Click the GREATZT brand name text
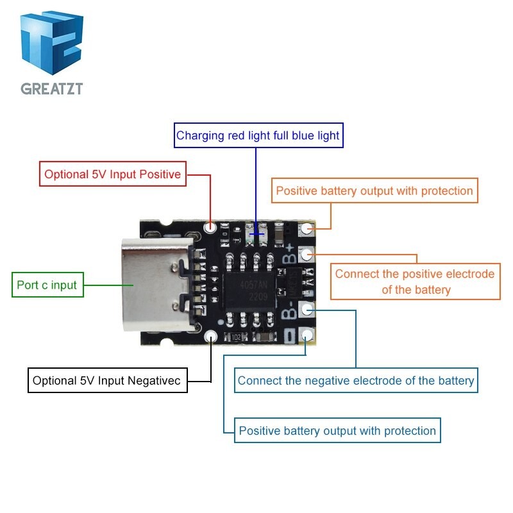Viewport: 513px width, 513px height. click(51, 88)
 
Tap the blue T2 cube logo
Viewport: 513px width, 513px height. click(51, 44)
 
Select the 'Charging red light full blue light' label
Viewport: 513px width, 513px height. click(257, 135)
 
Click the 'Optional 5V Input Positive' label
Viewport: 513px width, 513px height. click(112, 174)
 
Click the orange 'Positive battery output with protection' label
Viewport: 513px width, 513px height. click(374, 190)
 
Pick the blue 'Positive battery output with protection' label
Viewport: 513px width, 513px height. click(337, 430)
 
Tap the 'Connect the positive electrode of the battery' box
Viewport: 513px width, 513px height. click(414, 282)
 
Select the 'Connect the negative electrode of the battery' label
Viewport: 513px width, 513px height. click(355, 380)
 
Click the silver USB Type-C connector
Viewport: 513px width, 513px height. click(156, 283)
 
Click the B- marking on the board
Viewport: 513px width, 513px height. click(290, 312)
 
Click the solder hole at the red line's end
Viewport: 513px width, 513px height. click(210, 227)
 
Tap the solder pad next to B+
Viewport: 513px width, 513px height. click(308, 254)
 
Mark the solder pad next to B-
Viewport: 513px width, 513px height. click(308, 310)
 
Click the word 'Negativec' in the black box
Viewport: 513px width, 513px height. click(155, 381)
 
